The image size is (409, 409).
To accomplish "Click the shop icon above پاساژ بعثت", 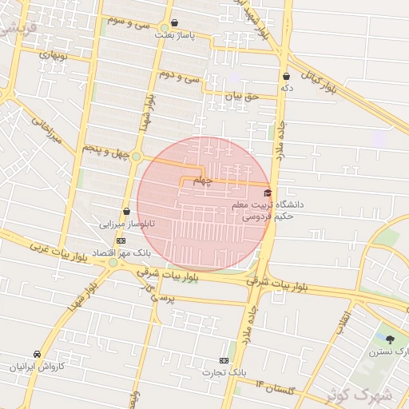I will coord(175,23).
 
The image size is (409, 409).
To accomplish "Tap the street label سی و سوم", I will coord(131,22).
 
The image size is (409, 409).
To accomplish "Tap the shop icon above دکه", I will coord(286,77).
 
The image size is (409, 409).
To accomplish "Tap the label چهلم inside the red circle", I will coord(204,181).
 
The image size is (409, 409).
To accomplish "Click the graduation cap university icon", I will coord(268,193).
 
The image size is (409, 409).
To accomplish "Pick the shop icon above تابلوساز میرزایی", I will coord(127,212).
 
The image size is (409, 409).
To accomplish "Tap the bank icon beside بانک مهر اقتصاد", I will coord(121,240).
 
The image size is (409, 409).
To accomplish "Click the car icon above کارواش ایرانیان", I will coord(38,354).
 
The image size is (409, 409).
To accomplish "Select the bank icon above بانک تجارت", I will coord(224,360).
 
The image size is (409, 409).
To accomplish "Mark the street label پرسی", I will coord(161,296).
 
